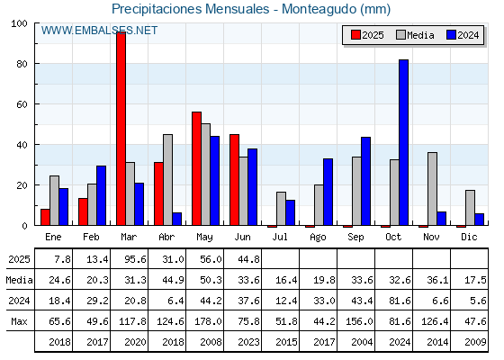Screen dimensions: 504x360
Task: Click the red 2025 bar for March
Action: [x=121, y=129]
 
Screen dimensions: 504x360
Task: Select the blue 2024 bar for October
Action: [x=403, y=142]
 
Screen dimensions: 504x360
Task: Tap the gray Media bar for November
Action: [x=432, y=189]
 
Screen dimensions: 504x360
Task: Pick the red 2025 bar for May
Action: [x=197, y=168]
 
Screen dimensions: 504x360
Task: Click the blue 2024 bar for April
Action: [x=176, y=219]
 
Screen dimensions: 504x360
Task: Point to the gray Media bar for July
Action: [x=281, y=209]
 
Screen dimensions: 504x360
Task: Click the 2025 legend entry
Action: [x=367, y=35]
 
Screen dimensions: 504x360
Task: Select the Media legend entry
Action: [x=415, y=35]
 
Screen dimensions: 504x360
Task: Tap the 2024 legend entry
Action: [x=463, y=35]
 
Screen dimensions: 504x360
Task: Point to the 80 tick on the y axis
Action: [x=22, y=64]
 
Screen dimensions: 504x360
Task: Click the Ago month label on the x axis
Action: [x=318, y=238]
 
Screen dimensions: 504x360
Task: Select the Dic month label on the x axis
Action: [x=469, y=237]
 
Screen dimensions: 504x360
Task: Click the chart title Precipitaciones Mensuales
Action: [x=190, y=9]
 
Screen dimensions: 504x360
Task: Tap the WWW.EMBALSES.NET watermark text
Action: [x=99, y=31]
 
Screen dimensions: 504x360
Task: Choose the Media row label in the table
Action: [x=19, y=280]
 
